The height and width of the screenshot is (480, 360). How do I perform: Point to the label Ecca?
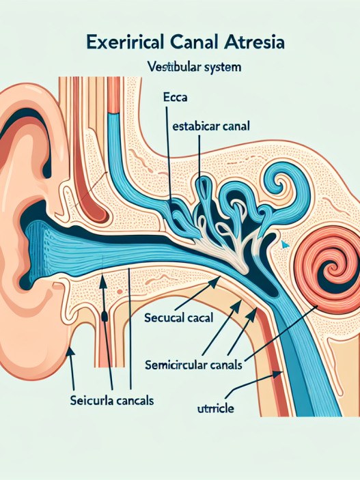pyautogui.click(x=176, y=98)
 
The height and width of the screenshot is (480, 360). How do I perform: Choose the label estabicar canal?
pyautogui.click(x=208, y=127)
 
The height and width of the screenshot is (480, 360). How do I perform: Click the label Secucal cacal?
pyautogui.click(x=180, y=318)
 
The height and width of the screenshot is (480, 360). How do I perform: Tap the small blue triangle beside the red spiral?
pyautogui.click(x=285, y=242)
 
